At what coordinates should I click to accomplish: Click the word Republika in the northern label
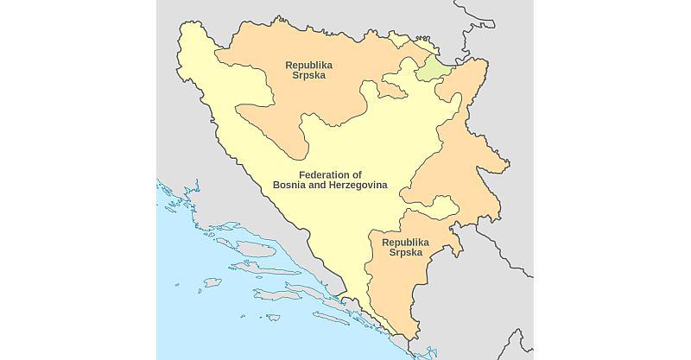pos(308,65)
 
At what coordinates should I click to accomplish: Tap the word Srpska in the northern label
pos(308,76)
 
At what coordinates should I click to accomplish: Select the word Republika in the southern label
pos(405,243)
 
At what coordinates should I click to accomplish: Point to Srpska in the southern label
pos(405,253)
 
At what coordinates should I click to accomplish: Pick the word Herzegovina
pos(356,186)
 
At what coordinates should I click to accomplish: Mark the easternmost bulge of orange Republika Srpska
pos(506,163)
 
